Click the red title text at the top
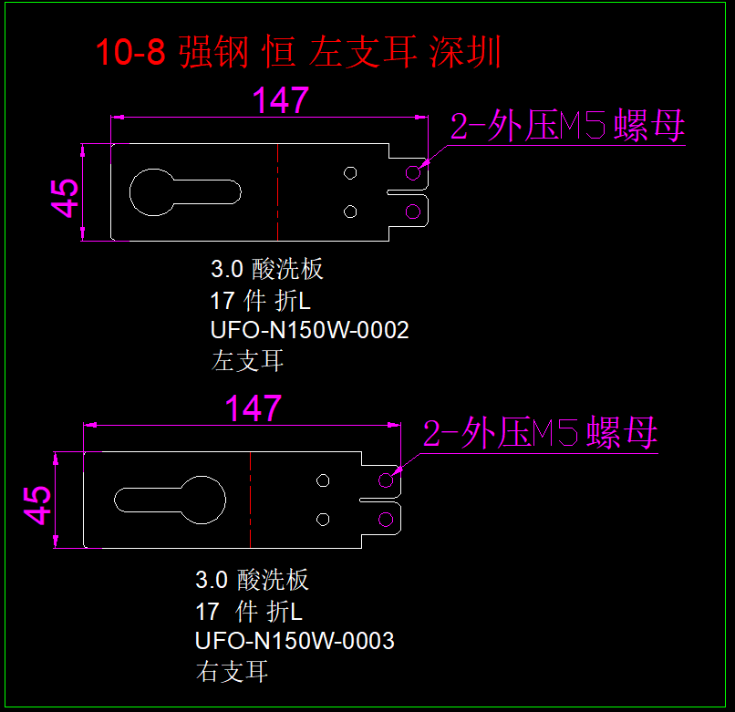click(x=299, y=52)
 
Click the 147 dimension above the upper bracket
click(x=281, y=100)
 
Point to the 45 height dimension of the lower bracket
click(x=37, y=504)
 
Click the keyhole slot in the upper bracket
click(x=182, y=191)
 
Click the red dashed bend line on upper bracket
click(x=277, y=191)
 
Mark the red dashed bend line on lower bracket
click(x=250, y=500)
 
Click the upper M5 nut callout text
click(x=567, y=127)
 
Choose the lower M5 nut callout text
click(x=540, y=434)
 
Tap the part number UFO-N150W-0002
click(x=310, y=330)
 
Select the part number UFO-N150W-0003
click(x=295, y=641)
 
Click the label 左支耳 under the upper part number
click(x=247, y=361)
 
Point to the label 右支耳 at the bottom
click(x=232, y=673)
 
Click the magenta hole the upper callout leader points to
click(x=413, y=172)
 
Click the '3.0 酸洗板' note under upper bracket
click(x=267, y=270)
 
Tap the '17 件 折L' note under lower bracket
click(x=248, y=610)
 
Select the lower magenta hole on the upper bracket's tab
click(x=413, y=212)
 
